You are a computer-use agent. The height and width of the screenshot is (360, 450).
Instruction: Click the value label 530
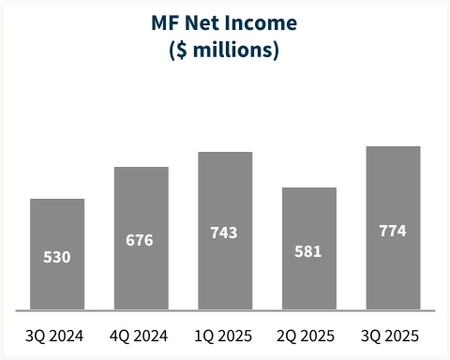[57, 256]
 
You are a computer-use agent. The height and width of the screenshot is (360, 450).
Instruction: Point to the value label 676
[142, 240]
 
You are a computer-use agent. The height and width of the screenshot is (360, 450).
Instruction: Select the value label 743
[225, 232]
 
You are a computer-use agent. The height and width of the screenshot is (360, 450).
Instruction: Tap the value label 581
[309, 250]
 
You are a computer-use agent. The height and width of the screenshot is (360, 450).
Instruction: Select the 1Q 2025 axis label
[225, 336]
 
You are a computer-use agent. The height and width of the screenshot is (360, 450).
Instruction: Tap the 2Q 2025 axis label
[309, 336]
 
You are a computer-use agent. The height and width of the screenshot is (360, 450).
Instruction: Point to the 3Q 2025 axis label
[393, 336]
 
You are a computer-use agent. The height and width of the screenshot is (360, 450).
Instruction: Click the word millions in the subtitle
[234, 49]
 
